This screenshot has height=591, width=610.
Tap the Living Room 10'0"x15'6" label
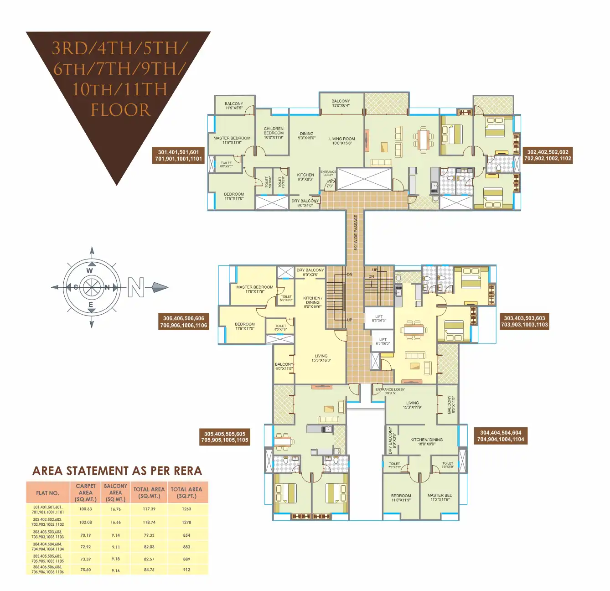(342, 141)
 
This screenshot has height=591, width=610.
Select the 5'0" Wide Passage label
(356, 233)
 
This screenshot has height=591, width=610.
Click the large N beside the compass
(136, 287)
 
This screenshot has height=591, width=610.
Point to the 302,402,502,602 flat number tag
(548, 156)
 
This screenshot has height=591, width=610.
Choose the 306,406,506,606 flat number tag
(184, 322)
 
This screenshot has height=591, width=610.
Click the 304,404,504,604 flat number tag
(501, 436)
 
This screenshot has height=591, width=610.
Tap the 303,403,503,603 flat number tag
(524, 321)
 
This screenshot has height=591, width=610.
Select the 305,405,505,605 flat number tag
(225, 437)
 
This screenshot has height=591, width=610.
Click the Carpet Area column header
(86, 493)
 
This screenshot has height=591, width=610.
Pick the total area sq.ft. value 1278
(186, 522)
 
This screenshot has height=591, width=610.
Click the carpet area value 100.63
(86, 509)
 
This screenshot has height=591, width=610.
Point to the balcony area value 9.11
(116, 547)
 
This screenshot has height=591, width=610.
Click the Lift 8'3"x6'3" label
(379, 318)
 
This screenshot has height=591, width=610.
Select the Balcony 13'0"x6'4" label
(341, 103)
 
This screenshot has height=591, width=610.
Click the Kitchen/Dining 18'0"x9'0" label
(426, 441)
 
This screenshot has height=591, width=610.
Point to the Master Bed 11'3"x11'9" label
(440, 497)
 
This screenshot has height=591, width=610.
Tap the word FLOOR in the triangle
(120, 110)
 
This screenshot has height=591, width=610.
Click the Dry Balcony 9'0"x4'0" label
(305, 203)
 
